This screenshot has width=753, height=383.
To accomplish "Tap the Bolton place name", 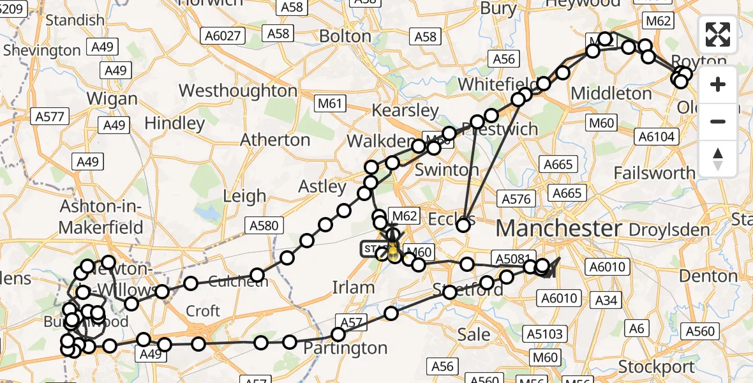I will tap(345, 36).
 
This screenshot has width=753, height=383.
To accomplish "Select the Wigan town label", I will tap(112, 99).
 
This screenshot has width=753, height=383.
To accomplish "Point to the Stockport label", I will tap(657, 367).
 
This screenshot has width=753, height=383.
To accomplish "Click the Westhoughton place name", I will tap(238, 91).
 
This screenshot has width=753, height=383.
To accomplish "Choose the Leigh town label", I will tap(244, 196).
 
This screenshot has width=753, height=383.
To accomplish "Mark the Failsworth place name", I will tap(654, 173).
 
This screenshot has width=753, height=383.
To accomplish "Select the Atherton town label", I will tap(275, 139).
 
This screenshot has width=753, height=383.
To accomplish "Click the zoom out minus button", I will tap(718, 121).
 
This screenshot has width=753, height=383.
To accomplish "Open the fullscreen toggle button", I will tap(718, 34).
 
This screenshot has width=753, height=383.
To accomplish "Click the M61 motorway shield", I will tap(331, 103).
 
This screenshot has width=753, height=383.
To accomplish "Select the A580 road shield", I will tap(264, 225).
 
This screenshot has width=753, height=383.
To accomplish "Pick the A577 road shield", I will tap(50, 116).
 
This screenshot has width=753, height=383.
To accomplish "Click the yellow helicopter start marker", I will tap(392, 250).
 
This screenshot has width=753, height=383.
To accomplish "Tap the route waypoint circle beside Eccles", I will tap(463, 224).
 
